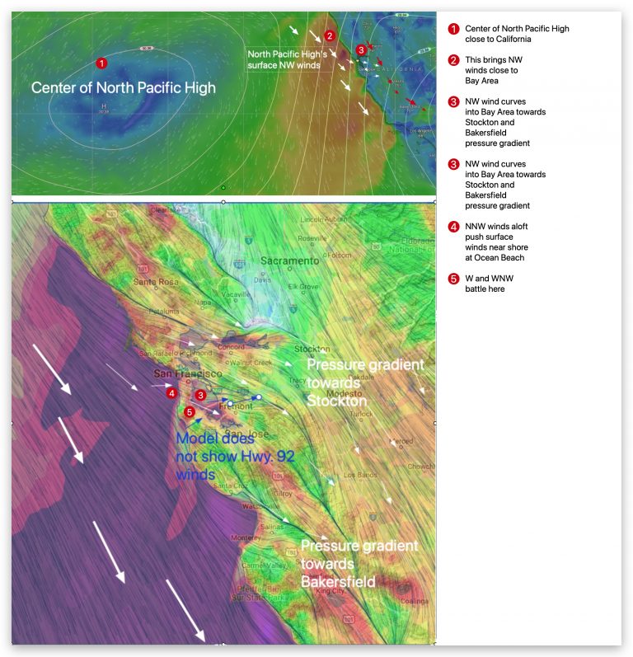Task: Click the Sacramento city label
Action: pyautogui.click(x=289, y=260)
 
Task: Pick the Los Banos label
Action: pyautogui.click(x=359, y=475)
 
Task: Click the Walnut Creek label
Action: pyautogui.click(x=251, y=362)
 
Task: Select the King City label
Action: pyautogui.click(x=331, y=591)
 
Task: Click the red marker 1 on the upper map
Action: pyautogui.click(x=101, y=63)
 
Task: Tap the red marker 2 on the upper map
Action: pyautogui.click(x=329, y=35)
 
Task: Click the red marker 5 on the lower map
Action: pyautogui.click(x=190, y=411)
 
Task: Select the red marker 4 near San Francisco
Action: pyautogui.click(x=171, y=393)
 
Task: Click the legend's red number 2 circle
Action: pyautogui.click(x=452, y=60)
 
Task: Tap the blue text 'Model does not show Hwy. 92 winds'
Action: pyautogui.click(x=214, y=457)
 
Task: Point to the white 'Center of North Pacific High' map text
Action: pyautogui.click(x=124, y=87)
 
